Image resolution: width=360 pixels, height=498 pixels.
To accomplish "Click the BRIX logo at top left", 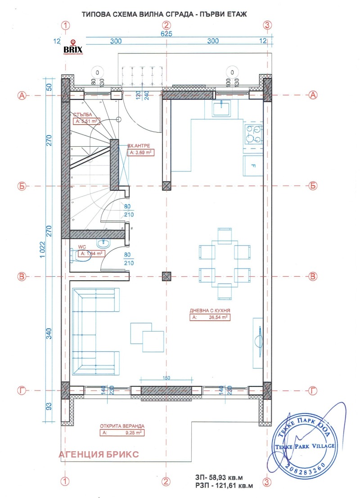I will [x=72, y=47].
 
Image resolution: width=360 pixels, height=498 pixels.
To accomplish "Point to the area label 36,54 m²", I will [x=210, y=317].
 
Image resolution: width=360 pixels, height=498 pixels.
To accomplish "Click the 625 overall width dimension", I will [x=166, y=34].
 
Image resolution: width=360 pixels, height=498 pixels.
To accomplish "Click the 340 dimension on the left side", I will [x=49, y=333].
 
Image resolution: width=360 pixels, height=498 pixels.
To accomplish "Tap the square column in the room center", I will [x=166, y=276].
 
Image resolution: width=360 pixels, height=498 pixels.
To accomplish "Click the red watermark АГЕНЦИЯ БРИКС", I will [x=99, y=454].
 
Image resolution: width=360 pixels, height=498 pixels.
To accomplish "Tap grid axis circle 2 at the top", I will [x=166, y=25].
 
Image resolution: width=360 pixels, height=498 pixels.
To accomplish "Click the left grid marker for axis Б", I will [x=21, y=185].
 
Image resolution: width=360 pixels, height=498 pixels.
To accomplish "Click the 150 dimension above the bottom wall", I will [x=166, y=378].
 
